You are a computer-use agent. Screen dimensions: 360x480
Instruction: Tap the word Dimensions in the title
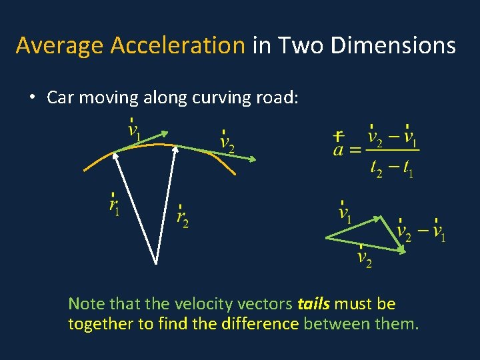point(393,46)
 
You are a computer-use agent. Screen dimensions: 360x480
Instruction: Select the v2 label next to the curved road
point(227,142)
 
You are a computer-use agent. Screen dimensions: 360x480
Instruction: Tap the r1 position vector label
point(115,206)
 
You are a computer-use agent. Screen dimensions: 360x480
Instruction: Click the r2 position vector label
point(182,217)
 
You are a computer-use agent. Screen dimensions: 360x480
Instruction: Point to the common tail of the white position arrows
point(156,262)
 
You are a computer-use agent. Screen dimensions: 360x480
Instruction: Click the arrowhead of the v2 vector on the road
point(253,159)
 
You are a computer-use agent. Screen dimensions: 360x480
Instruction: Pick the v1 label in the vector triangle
point(345,213)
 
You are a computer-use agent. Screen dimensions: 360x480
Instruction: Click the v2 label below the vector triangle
point(365,257)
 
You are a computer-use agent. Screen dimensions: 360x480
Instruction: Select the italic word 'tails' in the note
point(313,304)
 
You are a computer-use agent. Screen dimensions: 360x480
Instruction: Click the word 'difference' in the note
point(266,325)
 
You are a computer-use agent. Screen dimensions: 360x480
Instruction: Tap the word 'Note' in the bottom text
point(87,304)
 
